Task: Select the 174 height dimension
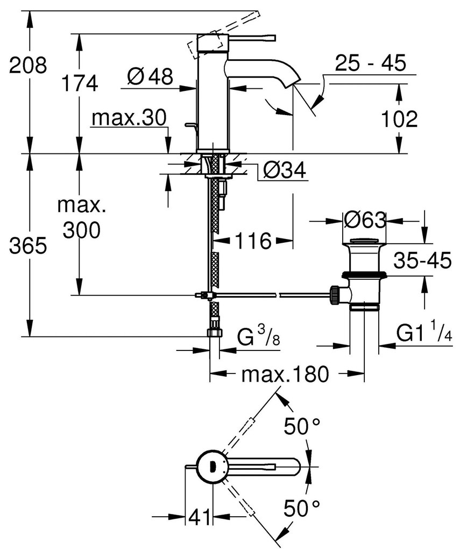click(x=79, y=83)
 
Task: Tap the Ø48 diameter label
click(x=150, y=77)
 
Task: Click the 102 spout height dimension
click(x=398, y=119)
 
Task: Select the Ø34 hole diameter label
click(x=285, y=171)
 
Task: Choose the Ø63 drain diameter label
click(x=365, y=220)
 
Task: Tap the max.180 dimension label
click(x=285, y=374)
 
